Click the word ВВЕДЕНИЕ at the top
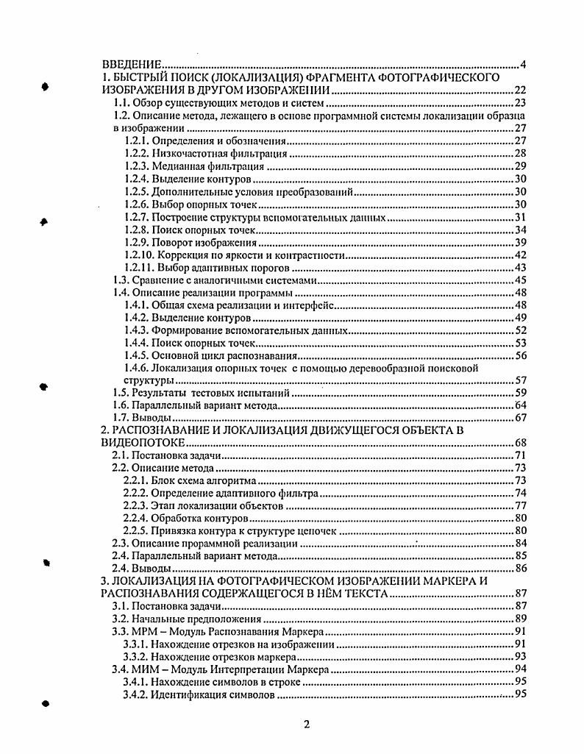click(x=131, y=64)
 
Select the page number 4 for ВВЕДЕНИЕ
click(x=522, y=64)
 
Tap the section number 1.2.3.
click(x=137, y=167)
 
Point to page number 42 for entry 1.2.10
click(x=519, y=255)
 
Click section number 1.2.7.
click(x=137, y=217)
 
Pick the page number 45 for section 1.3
click(x=519, y=280)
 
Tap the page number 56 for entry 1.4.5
click(x=519, y=356)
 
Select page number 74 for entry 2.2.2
click(x=519, y=494)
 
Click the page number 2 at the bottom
click(x=307, y=725)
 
